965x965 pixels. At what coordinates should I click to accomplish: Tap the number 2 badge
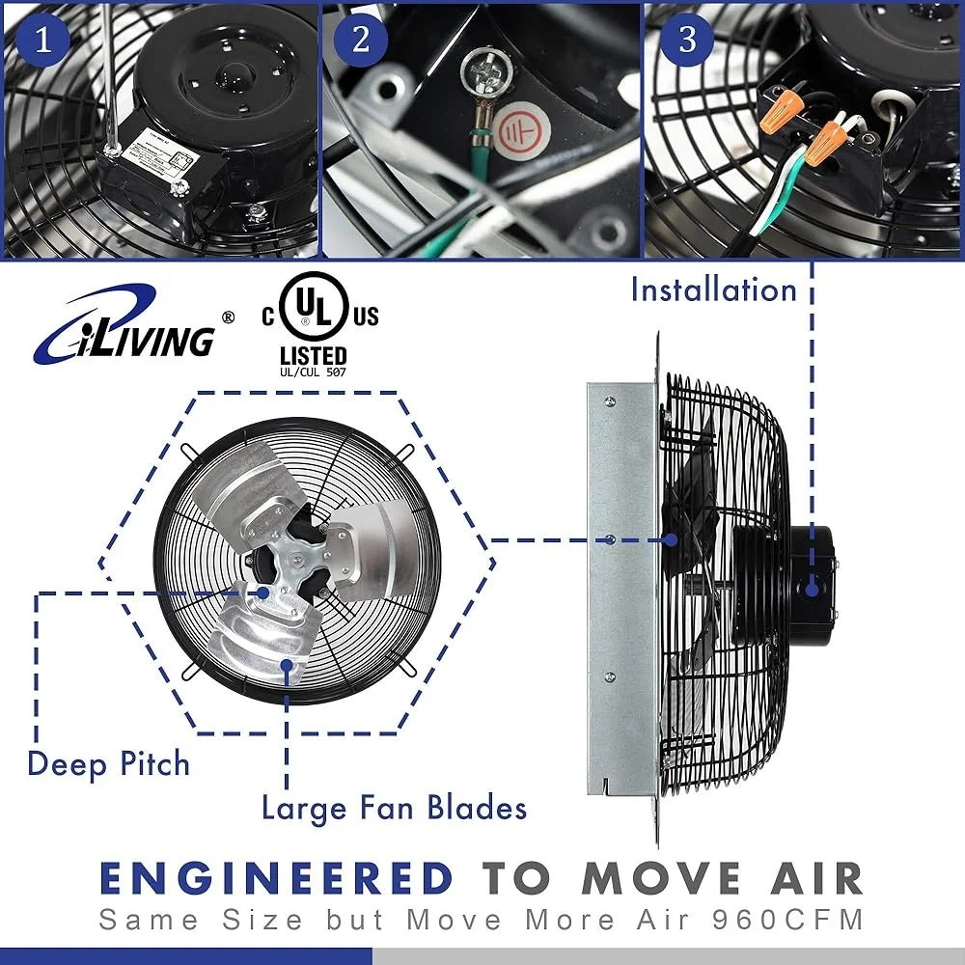coord(361,40)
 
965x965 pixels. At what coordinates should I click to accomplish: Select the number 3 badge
coord(687,40)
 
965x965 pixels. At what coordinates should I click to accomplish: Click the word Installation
coord(713,289)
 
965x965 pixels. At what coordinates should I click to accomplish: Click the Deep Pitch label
coord(108,764)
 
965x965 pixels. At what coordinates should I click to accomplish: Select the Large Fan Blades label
coord(395,808)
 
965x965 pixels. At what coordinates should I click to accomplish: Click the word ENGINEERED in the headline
coord(277,879)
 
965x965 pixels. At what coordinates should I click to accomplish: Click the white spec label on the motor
coord(160,153)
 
